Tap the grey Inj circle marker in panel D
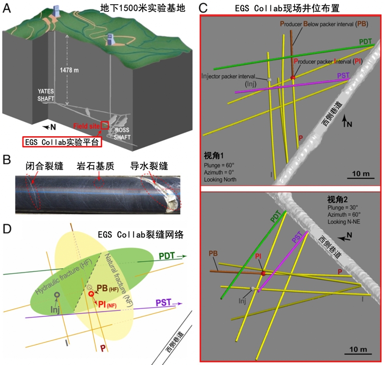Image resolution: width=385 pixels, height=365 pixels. (x=57, y=295)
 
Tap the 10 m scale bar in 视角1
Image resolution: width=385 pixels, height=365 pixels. (x=360, y=177)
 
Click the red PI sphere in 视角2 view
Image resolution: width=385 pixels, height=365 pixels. (x=263, y=273)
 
